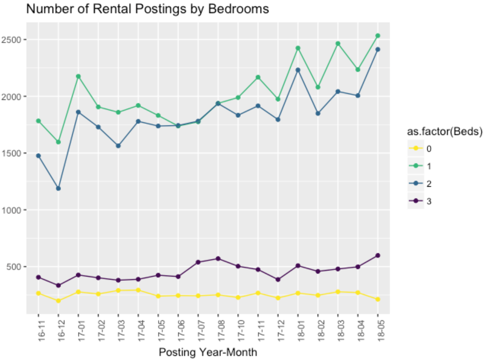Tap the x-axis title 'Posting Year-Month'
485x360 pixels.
coord(208,352)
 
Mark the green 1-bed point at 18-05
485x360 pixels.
coord(378,36)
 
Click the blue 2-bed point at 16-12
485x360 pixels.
coord(58,188)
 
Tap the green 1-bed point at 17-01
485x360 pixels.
coord(78,76)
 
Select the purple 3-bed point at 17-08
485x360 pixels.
coord(218,258)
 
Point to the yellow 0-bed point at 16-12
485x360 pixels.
coord(58,301)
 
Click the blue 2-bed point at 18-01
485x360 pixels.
coord(298,70)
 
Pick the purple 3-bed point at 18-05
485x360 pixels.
coord(378,255)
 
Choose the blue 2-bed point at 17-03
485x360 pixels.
coord(118,146)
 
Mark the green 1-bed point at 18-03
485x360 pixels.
coord(338,44)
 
